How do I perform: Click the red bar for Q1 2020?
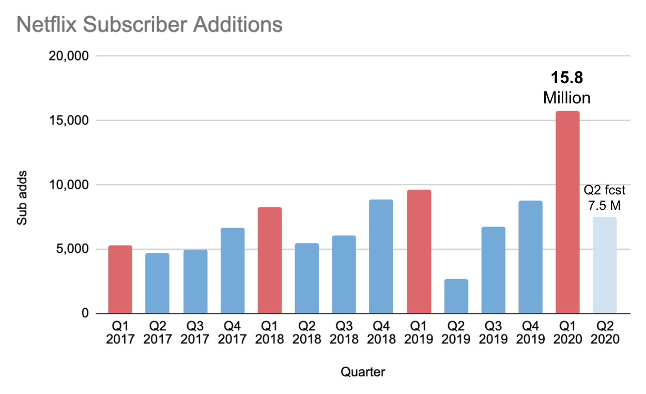pos(567,212)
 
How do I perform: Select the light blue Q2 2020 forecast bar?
pos(604,265)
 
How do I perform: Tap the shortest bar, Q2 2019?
pos(456,296)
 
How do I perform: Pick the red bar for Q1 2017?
pos(120,279)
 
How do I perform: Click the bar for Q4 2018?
pos(381,256)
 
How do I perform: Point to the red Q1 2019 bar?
pos(419,251)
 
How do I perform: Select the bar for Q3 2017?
pos(195,281)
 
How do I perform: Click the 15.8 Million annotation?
pos(567,88)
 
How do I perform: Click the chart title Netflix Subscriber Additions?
pos(149,24)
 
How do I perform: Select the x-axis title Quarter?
pos(362,372)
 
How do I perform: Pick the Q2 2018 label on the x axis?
pos(306,332)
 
